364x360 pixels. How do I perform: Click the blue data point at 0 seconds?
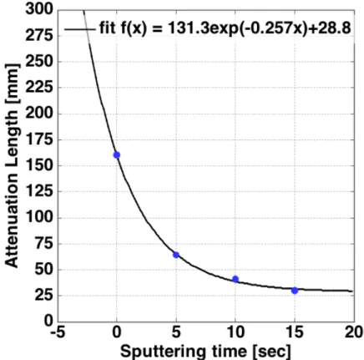(117, 155)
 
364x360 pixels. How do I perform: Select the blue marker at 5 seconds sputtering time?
(176, 255)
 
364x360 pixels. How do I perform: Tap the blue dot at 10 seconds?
(235, 279)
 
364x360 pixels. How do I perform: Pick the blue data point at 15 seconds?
(295, 291)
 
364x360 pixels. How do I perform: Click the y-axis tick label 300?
(39, 9)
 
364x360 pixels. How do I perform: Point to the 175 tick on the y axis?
(39, 139)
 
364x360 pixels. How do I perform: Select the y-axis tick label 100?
(39, 217)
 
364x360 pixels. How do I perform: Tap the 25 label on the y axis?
(43, 296)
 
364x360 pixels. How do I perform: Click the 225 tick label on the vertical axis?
(39, 88)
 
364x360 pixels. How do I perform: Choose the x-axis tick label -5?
(58, 332)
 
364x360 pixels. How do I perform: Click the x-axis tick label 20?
(354, 332)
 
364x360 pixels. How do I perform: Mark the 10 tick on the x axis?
(235, 332)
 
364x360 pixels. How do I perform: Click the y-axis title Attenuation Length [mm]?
(12, 165)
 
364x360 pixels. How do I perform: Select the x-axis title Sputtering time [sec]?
(205, 351)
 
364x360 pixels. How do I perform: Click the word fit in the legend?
(106, 28)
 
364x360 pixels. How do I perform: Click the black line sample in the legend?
(79, 28)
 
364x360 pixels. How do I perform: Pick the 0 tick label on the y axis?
(48, 321)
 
